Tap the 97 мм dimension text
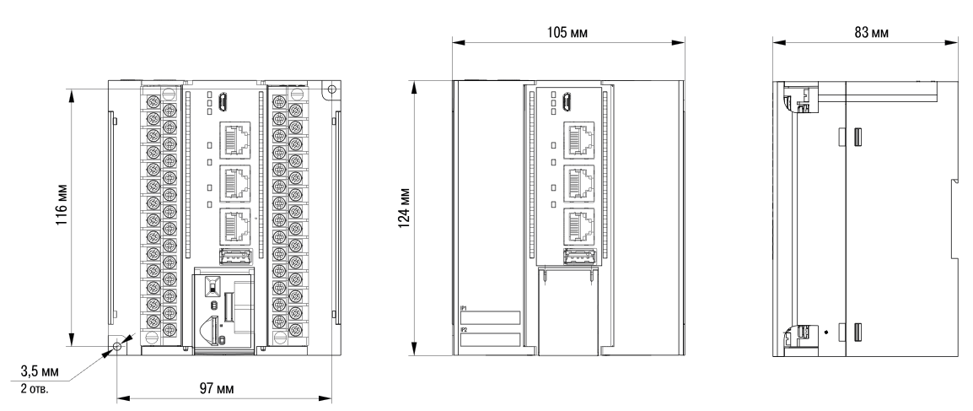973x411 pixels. [217, 389]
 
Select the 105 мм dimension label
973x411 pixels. [567, 32]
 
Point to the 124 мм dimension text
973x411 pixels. [404, 208]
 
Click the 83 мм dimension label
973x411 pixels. [871, 32]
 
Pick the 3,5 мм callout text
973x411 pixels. [40, 372]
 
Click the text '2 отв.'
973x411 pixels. [34, 389]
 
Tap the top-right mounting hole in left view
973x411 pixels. [332, 89]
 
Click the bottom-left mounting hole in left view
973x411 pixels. [117, 346]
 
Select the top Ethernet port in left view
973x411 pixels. [234, 139]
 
